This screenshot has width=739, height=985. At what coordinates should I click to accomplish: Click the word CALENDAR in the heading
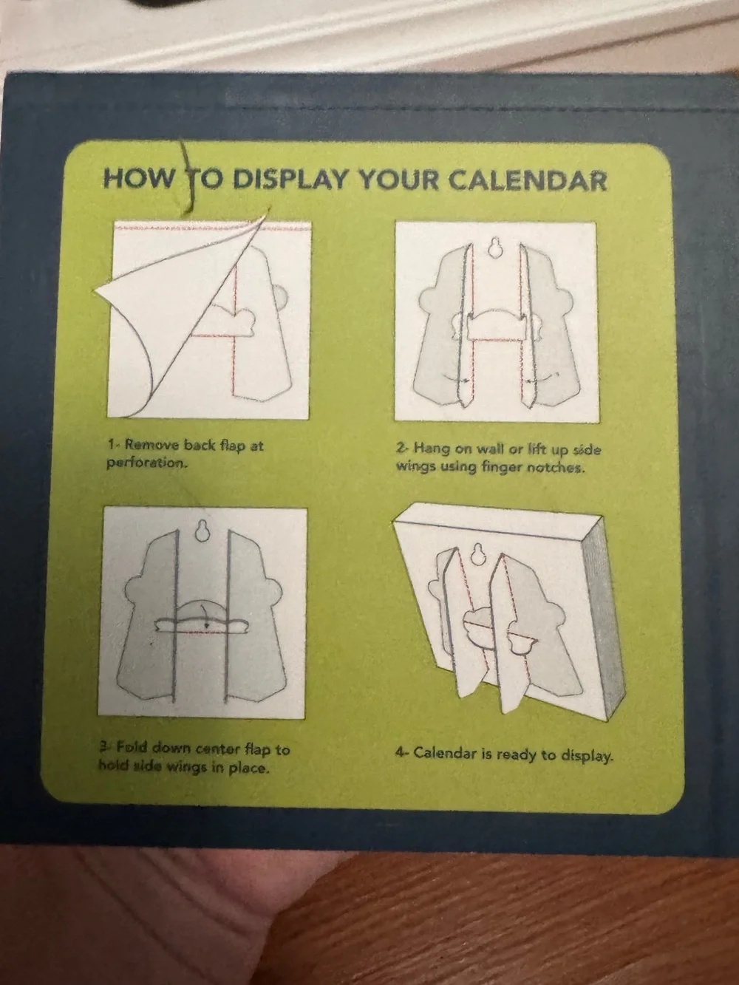pyautogui.click(x=528, y=180)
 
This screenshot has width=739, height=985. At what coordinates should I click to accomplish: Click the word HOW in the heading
pyautogui.click(x=137, y=179)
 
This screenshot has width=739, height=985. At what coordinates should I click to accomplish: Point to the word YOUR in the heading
pyautogui.click(x=398, y=180)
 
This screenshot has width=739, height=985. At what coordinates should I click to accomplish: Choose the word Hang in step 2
pyautogui.click(x=432, y=448)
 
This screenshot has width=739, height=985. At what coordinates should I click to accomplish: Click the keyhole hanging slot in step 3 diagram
pyautogui.click(x=202, y=531)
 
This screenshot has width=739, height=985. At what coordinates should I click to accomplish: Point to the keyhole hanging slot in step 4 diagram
pyautogui.click(x=478, y=555)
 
